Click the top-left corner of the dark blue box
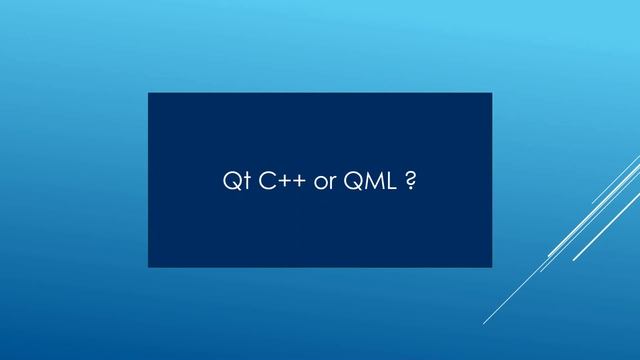pyautogui.click(x=149, y=93)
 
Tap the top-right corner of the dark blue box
pyautogui.click(x=491, y=93)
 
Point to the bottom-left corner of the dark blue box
pyautogui.click(x=149, y=267)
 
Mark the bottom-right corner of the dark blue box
pyautogui.click(x=491, y=267)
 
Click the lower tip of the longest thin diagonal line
pyautogui.click(x=485, y=323)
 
